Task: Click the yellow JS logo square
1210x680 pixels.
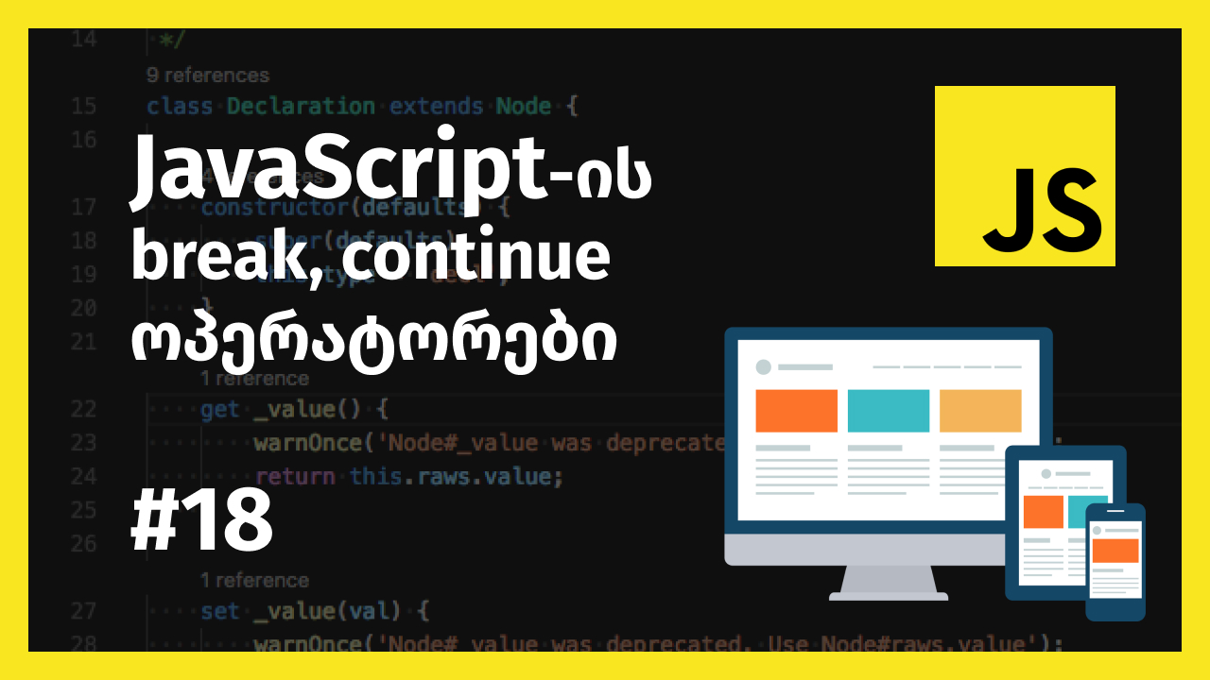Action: coord(1025,176)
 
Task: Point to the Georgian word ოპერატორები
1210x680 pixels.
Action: coord(374,343)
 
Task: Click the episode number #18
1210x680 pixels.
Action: coord(201,523)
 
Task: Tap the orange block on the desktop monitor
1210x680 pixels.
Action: coord(796,411)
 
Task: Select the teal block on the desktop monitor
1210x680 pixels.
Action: coord(888,411)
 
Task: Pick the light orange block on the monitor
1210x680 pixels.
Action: coord(979,411)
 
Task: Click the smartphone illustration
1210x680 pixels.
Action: coord(1115,562)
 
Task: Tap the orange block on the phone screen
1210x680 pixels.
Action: coord(1115,551)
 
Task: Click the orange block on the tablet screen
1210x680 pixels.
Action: coord(1043,511)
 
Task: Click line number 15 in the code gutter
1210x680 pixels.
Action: coord(83,106)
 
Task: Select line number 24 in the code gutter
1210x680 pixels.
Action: coord(83,476)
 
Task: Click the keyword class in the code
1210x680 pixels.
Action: coord(180,106)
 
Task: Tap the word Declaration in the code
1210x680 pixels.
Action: coord(301,106)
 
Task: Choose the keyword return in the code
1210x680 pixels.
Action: coord(295,476)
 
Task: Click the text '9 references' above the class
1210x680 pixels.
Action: coord(208,76)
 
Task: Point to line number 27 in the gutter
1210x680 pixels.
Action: coord(83,611)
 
